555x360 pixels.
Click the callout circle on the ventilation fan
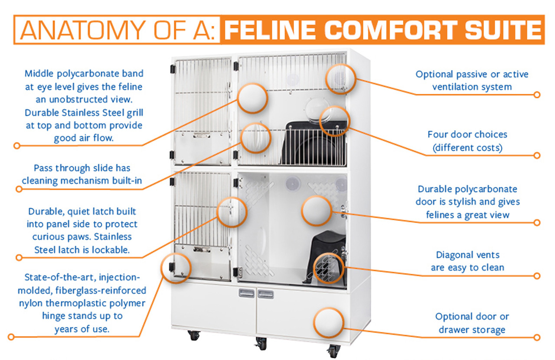click(x=341, y=78)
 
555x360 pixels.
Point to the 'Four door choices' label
click(x=467, y=135)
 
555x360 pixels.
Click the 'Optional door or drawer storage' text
click(x=472, y=323)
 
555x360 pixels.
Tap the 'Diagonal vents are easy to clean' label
click(x=467, y=261)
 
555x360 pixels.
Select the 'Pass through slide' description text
click(x=82, y=174)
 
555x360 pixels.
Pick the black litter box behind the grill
click(x=308, y=143)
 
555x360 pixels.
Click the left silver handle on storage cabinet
click(x=246, y=294)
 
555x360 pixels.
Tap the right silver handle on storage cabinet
click(x=265, y=294)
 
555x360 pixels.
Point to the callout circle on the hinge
click(x=176, y=268)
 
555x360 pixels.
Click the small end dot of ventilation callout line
click(x=537, y=94)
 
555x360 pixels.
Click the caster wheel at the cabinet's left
click(x=194, y=335)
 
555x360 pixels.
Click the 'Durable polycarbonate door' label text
click(x=467, y=195)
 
